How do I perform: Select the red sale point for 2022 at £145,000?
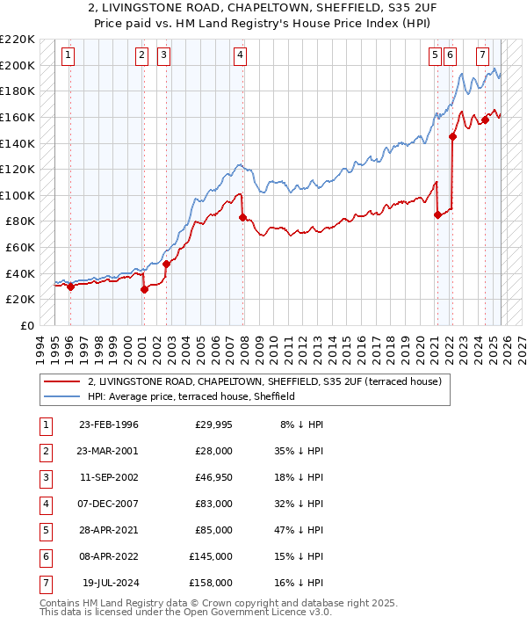453,136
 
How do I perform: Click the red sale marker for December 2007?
242,217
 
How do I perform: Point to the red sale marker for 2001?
144,289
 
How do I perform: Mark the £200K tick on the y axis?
19,66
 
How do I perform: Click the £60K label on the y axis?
22,248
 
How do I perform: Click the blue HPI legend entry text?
191,396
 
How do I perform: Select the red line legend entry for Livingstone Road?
269,381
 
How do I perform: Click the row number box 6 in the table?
45,556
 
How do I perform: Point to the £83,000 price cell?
212,504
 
